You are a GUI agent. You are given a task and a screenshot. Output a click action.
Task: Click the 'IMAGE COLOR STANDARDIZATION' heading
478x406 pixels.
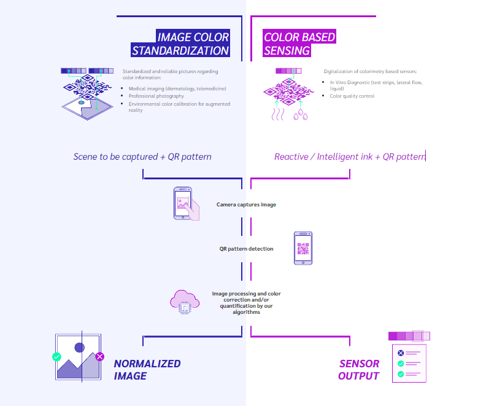tap(180, 44)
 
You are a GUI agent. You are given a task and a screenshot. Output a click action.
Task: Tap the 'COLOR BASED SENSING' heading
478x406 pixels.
tap(299, 44)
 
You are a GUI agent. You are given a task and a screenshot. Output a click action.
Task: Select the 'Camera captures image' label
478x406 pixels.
tap(246, 205)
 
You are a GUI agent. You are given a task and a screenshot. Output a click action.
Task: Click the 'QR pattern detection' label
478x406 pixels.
tap(246, 249)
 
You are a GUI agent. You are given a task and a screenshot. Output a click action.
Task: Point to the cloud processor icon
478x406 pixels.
tap(185, 302)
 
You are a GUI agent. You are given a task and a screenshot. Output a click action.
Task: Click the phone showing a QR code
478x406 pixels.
tap(303, 248)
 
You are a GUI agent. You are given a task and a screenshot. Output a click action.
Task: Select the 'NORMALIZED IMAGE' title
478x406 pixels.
tap(147, 370)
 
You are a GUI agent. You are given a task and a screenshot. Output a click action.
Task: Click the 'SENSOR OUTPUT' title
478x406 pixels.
tap(359, 370)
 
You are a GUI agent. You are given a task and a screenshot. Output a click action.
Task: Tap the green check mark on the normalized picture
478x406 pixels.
tap(56, 356)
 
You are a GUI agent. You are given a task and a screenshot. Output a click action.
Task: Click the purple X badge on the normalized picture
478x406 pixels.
tap(99, 356)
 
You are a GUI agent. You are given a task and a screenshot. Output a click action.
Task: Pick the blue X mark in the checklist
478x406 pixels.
tap(401, 353)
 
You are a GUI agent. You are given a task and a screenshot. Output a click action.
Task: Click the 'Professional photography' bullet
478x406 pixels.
tap(156, 96)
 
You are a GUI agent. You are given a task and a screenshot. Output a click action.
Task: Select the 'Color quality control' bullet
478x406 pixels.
tap(352, 96)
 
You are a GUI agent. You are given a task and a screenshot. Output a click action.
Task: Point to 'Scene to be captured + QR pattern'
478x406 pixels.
tap(142, 157)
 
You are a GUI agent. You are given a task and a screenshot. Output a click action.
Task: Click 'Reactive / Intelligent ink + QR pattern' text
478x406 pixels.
tap(350, 157)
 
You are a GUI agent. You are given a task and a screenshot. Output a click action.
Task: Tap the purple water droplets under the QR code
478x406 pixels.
tap(301, 115)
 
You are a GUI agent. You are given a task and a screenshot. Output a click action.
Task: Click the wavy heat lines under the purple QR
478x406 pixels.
tap(278, 114)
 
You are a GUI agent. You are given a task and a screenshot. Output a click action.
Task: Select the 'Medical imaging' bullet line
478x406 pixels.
tap(177, 88)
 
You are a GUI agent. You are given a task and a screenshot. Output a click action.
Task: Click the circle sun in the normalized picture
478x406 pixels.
tap(80, 348)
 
